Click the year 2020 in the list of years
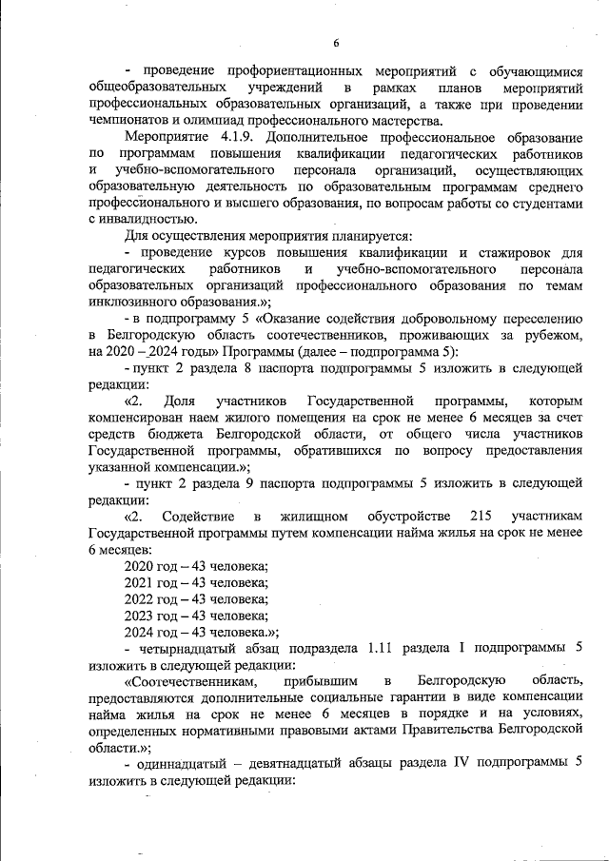tap(141, 566)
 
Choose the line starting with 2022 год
tap(197, 599)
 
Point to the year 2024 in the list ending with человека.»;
tap(141, 632)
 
